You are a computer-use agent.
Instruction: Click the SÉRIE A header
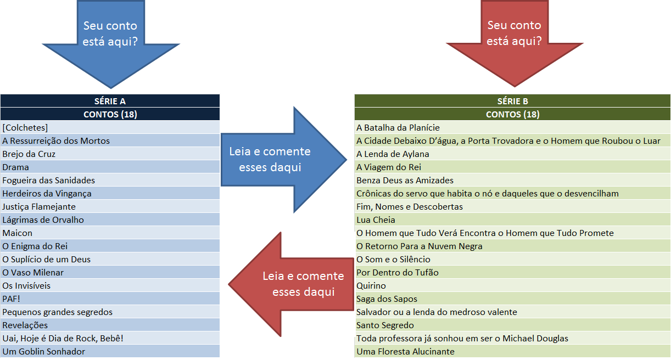(110, 101)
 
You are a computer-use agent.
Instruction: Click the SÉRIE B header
(512, 101)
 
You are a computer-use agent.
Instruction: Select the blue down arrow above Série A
(110, 38)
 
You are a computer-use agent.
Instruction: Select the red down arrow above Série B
(513, 38)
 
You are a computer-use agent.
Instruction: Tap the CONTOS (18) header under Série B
(512, 114)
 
